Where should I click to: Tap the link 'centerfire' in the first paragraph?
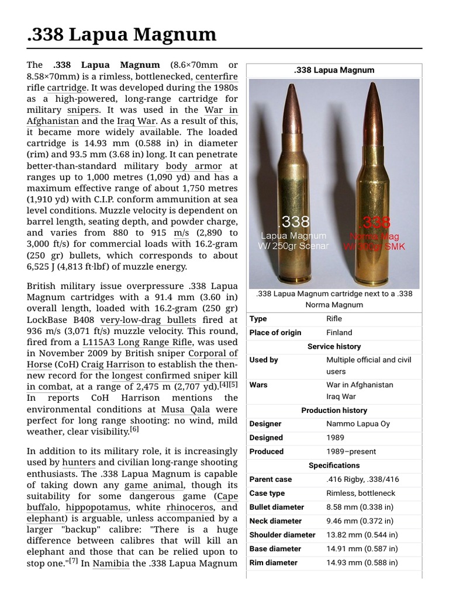(x=216, y=76)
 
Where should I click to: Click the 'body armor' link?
(x=194, y=166)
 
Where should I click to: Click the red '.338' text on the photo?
(x=375, y=222)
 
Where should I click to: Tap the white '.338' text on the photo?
(x=293, y=222)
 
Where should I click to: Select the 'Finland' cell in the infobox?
(x=339, y=332)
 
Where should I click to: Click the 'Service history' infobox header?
(x=334, y=346)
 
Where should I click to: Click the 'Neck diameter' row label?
(x=275, y=521)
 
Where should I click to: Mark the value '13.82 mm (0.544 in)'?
(x=362, y=535)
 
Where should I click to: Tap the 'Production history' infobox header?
(x=334, y=411)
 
